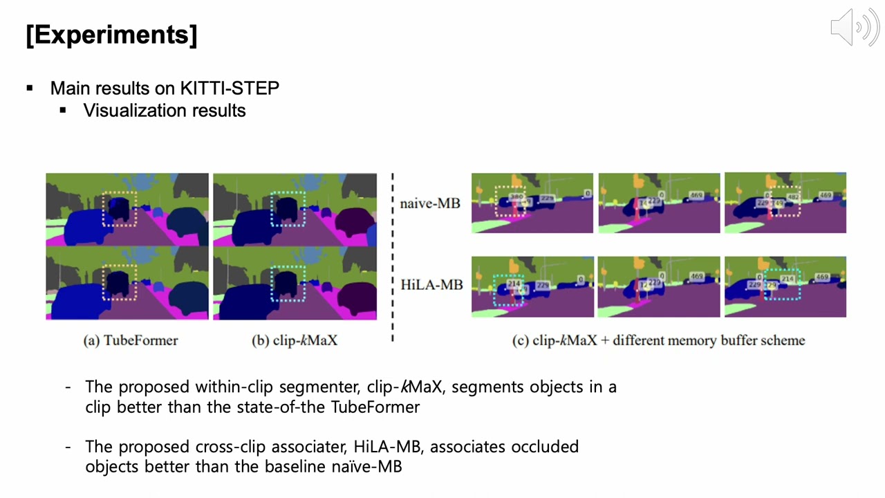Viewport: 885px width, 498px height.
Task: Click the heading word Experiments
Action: [111, 35]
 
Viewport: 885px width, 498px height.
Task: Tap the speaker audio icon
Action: [855, 28]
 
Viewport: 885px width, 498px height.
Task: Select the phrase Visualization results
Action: [165, 111]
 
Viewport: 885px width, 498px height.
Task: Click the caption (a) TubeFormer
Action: [131, 340]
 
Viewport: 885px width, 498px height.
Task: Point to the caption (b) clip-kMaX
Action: [295, 340]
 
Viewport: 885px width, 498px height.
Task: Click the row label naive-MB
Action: [429, 204]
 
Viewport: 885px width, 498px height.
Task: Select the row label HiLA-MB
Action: [431, 285]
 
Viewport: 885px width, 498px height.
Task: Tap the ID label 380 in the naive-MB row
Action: [516, 197]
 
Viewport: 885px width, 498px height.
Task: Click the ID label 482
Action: [793, 197]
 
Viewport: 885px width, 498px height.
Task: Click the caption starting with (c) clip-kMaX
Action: [658, 340]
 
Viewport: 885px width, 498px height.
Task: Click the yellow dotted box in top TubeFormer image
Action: [120, 209]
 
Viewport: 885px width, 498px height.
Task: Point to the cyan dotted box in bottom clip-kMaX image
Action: [288, 284]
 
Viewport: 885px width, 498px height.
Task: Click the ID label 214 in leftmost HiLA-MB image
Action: [514, 284]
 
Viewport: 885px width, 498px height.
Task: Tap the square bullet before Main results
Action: [30, 89]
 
